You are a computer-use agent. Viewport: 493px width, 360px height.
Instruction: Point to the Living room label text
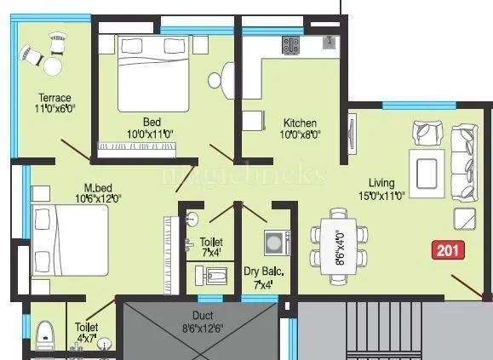[381, 189]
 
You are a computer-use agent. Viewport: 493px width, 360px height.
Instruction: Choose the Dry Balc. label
[264, 277]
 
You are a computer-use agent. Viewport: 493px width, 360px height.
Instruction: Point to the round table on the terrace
[52, 65]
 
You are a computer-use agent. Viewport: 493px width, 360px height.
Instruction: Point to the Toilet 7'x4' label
[209, 248]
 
